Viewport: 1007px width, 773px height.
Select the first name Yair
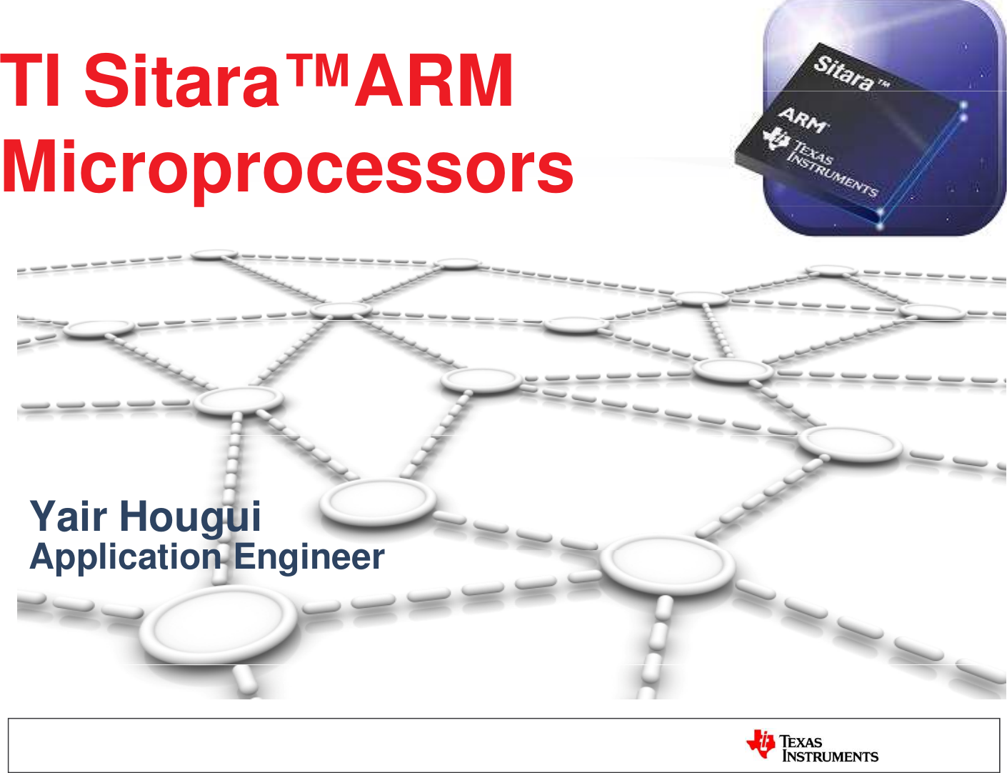tap(69, 516)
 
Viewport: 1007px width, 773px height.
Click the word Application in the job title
tap(126, 558)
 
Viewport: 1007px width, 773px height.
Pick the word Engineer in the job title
tap(309, 558)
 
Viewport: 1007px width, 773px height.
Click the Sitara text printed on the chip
tap(844, 73)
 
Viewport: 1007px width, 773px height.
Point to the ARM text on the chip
tap(803, 121)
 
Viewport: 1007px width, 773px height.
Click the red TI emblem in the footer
tap(761, 744)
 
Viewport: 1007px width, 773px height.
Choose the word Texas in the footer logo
tap(801, 742)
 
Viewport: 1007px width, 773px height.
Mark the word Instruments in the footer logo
tap(831, 757)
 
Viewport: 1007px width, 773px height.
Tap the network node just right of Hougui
tap(378, 502)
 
